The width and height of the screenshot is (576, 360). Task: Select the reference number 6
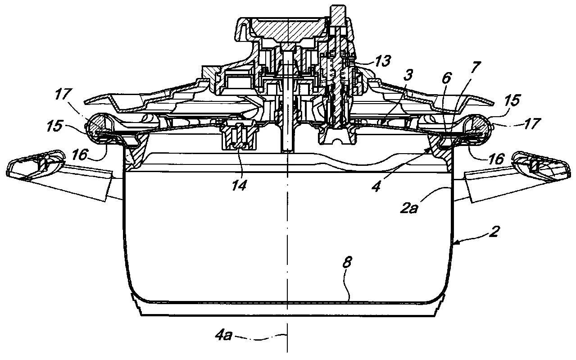click(446, 77)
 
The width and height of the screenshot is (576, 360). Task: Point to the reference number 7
click(476, 68)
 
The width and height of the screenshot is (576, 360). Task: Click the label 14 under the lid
click(239, 185)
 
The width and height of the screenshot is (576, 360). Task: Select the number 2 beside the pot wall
click(494, 232)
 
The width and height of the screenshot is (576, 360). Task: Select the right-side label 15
click(512, 100)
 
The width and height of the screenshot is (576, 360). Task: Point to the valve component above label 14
click(237, 135)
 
